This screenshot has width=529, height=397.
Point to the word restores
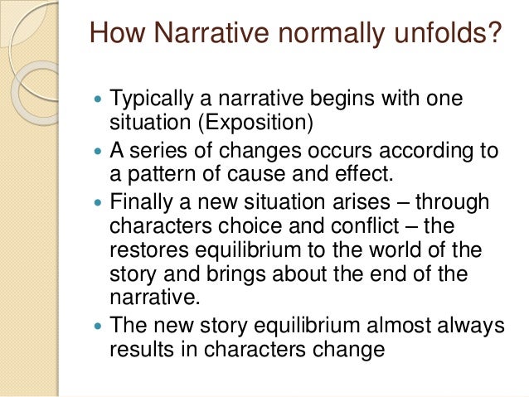click(143, 249)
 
